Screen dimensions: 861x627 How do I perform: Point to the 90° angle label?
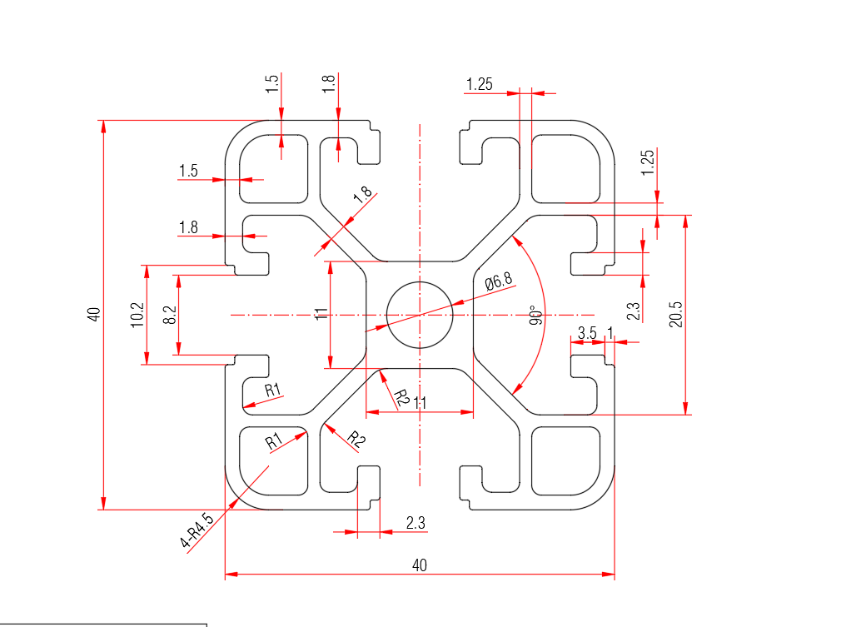click(536, 315)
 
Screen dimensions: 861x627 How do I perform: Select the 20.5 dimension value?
click(676, 315)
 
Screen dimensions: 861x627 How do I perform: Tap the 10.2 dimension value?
click(137, 315)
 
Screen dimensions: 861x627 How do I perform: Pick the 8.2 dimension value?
click(170, 315)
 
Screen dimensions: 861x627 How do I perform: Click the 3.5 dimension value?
click(587, 333)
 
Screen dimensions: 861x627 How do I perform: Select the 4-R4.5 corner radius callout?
click(196, 530)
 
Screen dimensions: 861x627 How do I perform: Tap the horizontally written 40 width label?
click(420, 565)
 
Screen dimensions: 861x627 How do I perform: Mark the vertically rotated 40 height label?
click(94, 315)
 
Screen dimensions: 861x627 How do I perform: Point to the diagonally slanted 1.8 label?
click(362, 195)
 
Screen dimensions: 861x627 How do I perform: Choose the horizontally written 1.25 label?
click(480, 84)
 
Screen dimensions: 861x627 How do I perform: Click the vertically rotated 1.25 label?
click(648, 162)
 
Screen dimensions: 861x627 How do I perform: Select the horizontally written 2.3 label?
click(416, 523)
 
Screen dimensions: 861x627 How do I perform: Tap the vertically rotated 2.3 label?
click(633, 311)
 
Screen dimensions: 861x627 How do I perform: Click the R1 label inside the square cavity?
click(274, 440)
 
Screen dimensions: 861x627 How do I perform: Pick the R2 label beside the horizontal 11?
click(402, 397)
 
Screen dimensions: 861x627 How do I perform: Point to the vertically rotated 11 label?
click(321, 314)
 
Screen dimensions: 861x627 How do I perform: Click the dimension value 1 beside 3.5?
click(610, 333)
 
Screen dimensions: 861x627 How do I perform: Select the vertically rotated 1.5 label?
click(271, 83)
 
